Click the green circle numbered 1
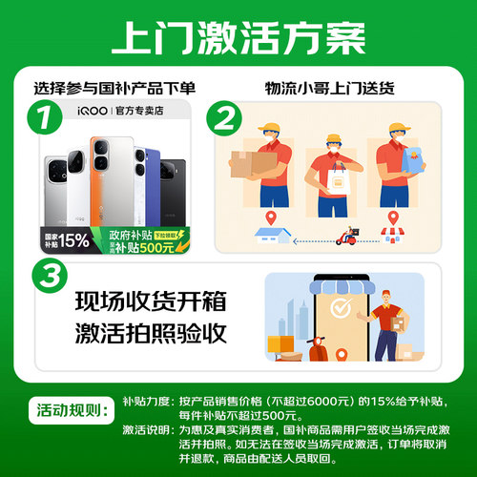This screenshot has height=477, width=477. coord(39,120)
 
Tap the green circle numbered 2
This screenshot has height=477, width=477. coord(224,120)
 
